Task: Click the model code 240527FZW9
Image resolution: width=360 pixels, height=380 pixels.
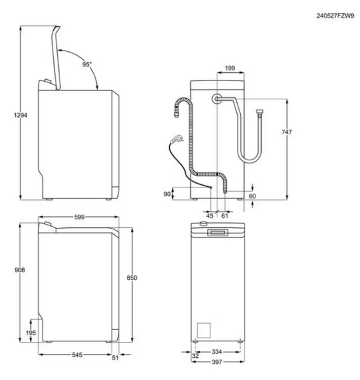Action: [335, 16]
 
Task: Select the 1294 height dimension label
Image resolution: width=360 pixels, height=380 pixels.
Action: [20, 115]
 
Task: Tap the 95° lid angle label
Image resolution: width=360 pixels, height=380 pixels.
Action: [87, 64]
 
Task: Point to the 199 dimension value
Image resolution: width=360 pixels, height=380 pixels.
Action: [230, 68]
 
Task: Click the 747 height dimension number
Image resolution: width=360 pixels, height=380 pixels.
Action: [286, 132]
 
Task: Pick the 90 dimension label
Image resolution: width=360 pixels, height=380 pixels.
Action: [167, 194]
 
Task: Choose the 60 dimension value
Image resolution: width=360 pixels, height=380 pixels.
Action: [252, 196]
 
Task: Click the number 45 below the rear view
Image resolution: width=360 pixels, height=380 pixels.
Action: [210, 215]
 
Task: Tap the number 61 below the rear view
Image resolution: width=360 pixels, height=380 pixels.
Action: [224, 215]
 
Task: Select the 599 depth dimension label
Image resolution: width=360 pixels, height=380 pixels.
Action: [79, 217]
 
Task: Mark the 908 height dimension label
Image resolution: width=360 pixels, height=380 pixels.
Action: [20, 270]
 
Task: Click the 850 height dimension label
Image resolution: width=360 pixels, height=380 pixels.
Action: [132, 277]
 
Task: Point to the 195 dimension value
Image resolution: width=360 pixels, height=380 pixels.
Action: [31, 332]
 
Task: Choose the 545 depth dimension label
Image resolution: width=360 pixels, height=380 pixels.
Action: [77, 355]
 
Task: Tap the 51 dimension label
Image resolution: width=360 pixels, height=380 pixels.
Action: [115, 358]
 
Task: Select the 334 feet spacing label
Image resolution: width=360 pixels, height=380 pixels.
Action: [217, 351]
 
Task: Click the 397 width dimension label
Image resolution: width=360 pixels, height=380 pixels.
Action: [217, 362]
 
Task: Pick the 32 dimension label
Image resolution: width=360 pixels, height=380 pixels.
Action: [195, 356]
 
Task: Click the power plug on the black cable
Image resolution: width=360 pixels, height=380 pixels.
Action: [178, 139]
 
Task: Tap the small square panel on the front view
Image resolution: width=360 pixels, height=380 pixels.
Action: [203, 330]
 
